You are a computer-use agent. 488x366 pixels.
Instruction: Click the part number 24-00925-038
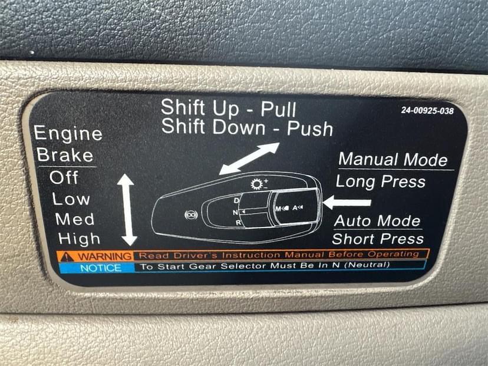tap(427, 110)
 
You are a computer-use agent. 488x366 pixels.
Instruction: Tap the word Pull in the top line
tap(278, 109)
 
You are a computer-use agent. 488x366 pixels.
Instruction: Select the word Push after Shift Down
tap(309, 128)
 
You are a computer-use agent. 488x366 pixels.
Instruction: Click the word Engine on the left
tap(68, 134)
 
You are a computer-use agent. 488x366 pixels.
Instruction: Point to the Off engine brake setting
tap(64, 178)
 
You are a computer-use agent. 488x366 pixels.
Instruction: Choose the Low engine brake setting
tap(71, 199)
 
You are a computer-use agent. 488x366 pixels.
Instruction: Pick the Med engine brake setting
tap(75, 219)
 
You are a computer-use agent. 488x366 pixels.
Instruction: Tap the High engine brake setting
tap(79, 239)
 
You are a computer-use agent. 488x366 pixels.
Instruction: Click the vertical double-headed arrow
tap(127, 210)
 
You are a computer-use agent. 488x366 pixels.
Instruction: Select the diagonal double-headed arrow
tap(249, 159)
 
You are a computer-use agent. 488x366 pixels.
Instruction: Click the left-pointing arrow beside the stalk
tap(347, 202)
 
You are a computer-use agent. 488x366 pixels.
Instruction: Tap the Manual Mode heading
tap(393, 159)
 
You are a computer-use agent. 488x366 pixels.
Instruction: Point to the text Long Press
tap(380, 182)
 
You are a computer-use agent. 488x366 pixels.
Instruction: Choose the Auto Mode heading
tap(377, 221)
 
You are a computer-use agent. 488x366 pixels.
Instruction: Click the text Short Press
tap(378, 239)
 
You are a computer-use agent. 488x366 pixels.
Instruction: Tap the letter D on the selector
tap(236, 200)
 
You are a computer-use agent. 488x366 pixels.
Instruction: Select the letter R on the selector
tap(238, 223)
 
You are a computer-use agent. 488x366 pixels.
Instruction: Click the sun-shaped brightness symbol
tap(257, 184)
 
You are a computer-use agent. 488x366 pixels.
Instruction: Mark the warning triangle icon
tap(67, 257)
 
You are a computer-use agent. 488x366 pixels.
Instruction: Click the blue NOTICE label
tap(101, 268)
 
